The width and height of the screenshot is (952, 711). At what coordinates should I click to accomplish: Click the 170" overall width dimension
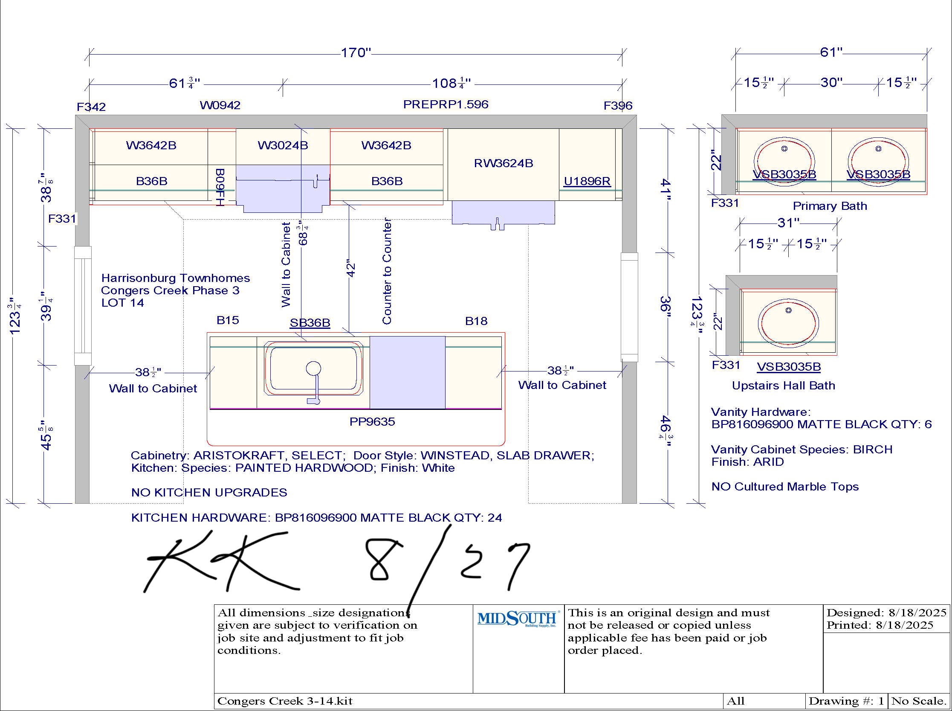pyautogui.click(x=356, y=52)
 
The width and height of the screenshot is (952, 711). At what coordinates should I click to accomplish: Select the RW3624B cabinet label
pyautogui.click(x=503, y=163)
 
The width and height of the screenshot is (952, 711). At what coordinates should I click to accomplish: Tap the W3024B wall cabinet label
pyautogui.click(x=283, y=145)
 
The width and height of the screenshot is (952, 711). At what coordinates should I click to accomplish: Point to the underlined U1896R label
pyautogui.click(x=587, y=181)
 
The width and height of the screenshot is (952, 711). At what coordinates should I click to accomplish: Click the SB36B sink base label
pyautogui.click(x=310, y=322)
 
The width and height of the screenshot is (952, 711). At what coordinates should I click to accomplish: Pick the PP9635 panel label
pyautogui.click(x=372, y=421)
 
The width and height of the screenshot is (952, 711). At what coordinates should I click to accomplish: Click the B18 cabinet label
pyautogui.click(x=476, y=321)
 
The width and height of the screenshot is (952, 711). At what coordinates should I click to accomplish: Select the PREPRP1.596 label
pyautogui.click(x=446, y=104)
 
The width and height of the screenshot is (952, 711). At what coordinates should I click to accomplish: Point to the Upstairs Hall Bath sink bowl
pyautogui.click(x=788, y=323)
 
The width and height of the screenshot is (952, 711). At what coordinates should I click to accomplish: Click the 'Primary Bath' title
pyautogui.click(x=830, y=206)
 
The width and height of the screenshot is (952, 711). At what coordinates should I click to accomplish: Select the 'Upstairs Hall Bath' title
pyautogui.click(x=783, y=385)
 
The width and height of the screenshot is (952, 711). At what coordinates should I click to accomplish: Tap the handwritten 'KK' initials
pyautogui.click(x=222, y=561)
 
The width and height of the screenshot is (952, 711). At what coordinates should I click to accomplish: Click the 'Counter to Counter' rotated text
pyautogui.click(x=387, y=271)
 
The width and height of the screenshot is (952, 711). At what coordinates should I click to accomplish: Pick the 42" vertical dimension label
pyautogui.click(x=351, y=268)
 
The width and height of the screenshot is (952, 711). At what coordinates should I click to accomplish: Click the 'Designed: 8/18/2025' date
pyautogui.click(x=887, y=612)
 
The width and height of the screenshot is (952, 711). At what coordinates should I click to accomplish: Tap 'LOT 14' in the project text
pyautogui.click(x=123, y=302)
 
